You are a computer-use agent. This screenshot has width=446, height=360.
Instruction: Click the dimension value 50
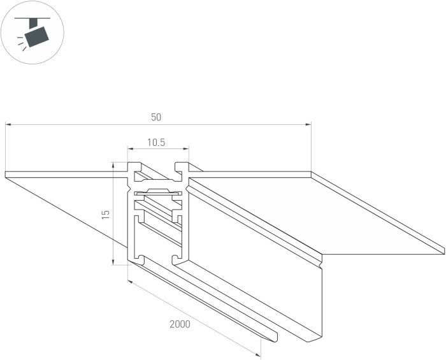pyautogui.click(x=156, y=117)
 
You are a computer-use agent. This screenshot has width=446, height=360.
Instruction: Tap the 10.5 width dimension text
pyautogui.click(x=156, y=143)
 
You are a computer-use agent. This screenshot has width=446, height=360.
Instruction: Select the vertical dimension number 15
pyautogui.click(x=106, y=215)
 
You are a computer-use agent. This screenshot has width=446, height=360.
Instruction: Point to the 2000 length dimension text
pyautogui.click(x=180, y=324)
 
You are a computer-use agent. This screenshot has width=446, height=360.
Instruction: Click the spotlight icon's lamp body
pyautogui.click(x=37, y=36)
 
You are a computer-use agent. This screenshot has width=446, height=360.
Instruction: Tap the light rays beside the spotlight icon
pyautogui.click(x=22, y=43)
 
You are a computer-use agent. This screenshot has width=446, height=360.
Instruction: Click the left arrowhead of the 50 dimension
pyautogui.click(x=8, y=124)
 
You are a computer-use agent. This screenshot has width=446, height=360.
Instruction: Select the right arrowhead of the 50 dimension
pyautogui.click(x=308, y=124)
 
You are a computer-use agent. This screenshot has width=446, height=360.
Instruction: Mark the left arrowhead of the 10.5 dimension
pyautogui.click(x=131, y=148)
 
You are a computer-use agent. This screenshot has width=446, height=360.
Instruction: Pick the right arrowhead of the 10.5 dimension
pyautogui.click(x=186, y=148)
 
